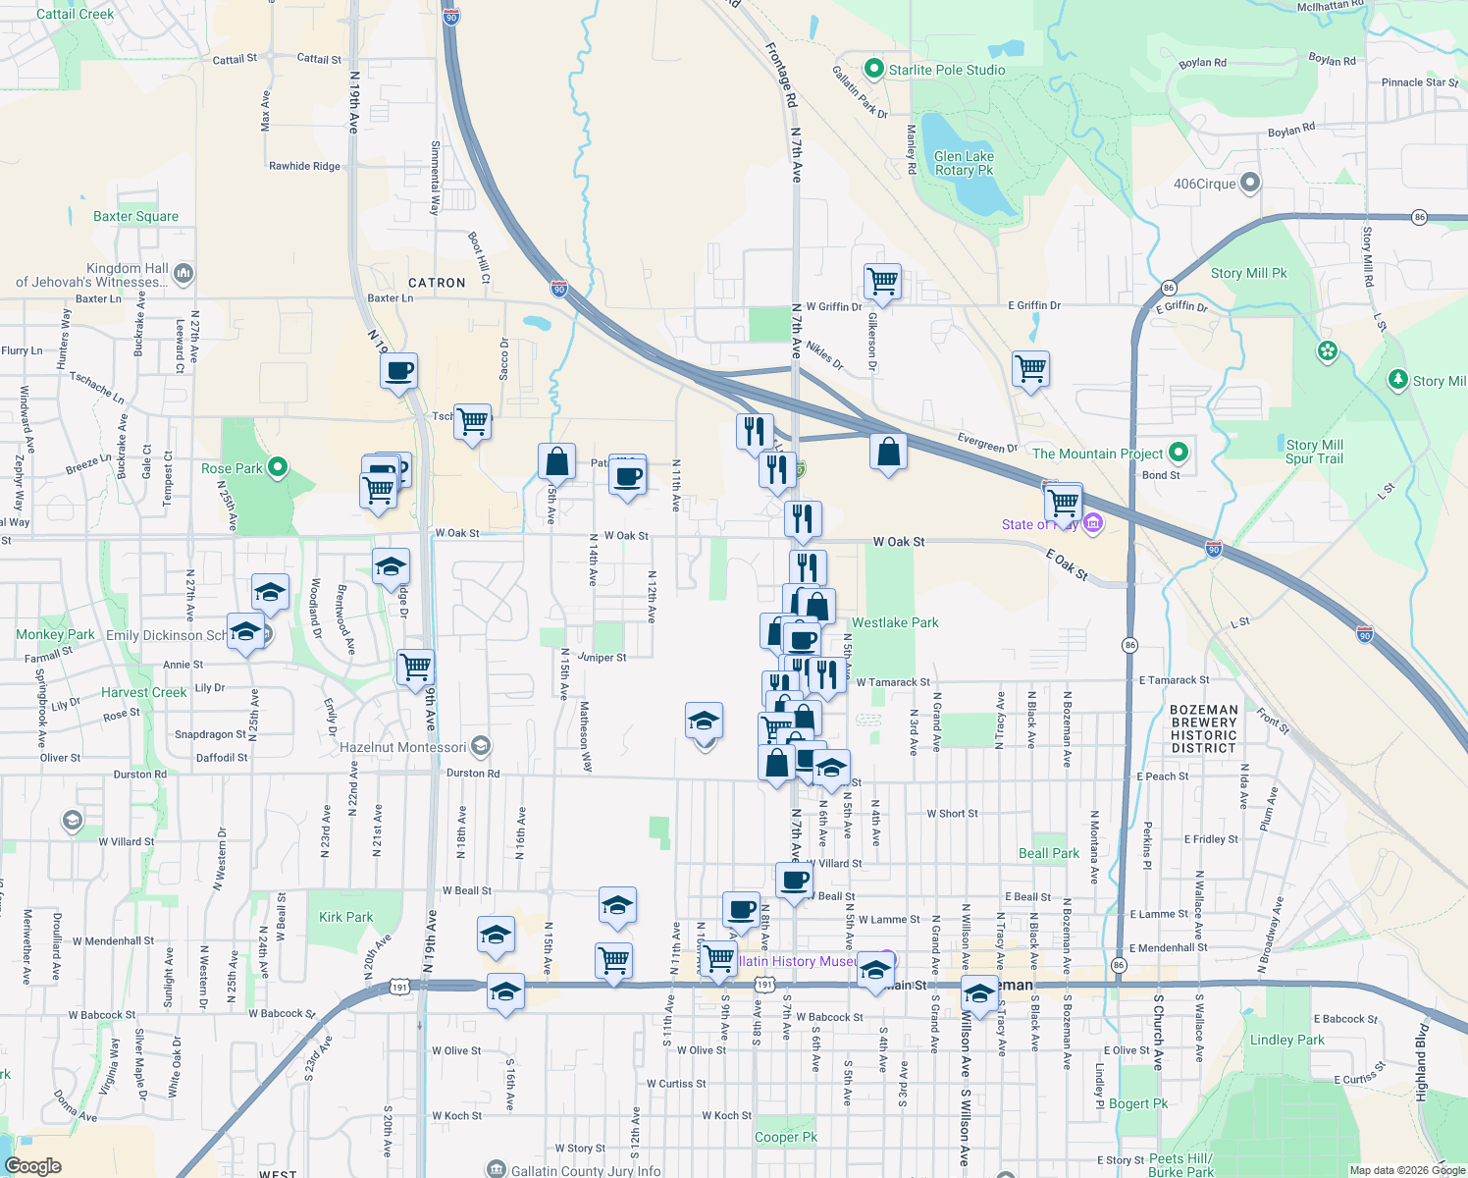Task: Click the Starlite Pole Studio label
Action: coord(947,70)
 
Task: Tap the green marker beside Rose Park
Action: coord(278,467)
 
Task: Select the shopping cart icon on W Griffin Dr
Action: coord(882,281)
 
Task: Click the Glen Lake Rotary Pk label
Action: coord(964,163)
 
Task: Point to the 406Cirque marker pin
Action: coord(1249,183)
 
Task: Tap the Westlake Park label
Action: coord(895,622)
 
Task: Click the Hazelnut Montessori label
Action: coord(403,747)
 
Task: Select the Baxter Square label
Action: coord(135,216)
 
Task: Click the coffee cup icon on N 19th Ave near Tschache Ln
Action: coord(399,371)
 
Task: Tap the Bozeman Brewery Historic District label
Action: coord(1203,728)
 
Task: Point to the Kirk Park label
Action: coord(345,917)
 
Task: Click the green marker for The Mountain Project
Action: coord(1179,453)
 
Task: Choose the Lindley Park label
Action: coord(1286,1040)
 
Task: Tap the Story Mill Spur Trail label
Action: coord(1314,452)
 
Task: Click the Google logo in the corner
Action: coord(33,1165)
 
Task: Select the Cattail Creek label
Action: coord(75,14)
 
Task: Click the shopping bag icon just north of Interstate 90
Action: coord(888,452)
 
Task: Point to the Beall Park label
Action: coord(1048,853)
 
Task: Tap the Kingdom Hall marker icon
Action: coord(183,273)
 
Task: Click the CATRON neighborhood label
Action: coord(437,283)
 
